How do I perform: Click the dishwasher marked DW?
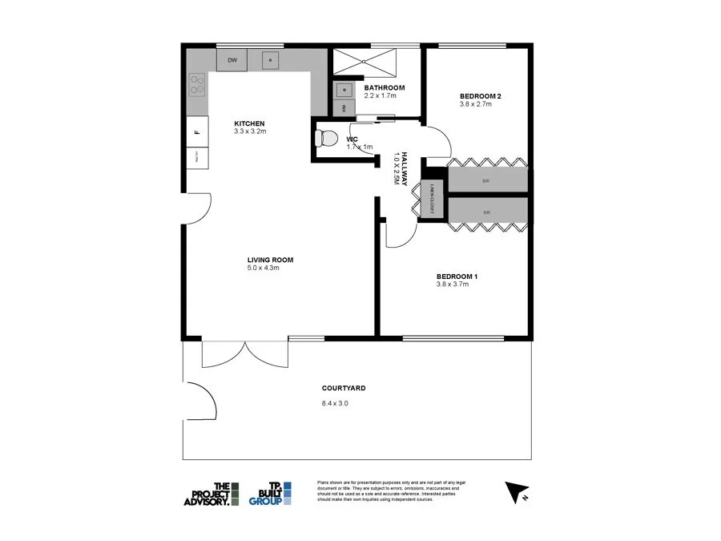pyautogui.click(x=232, y=60)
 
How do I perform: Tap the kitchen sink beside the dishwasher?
pyautogui.click(x=270, y=60)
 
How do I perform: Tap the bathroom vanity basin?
pyautogui.click(x=344, y=89)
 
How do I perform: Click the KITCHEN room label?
pyautogui.click(x=249, y=123)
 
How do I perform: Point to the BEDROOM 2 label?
pyautogui.click(x=480, y=96)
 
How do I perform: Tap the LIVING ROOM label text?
pyautogui.click(x=270, y=260)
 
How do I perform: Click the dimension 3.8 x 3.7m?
pyautogui.click(x=455, y=285)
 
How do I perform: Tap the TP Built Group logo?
pyautogui.click(x=270, y=493)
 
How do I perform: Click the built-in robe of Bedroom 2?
pyautogui.click(x=487, y=181)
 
